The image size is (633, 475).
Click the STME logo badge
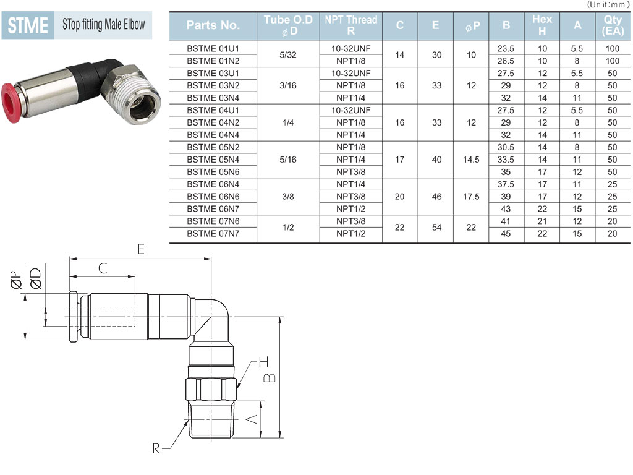(28, 25)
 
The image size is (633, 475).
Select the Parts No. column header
(213, 25)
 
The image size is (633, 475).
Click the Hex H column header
(542, 25)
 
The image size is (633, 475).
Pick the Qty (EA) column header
(613, 25)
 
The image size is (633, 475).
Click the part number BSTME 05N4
(213, 160)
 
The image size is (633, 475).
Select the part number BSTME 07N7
(213, 233)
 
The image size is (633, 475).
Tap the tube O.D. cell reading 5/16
(288, 160)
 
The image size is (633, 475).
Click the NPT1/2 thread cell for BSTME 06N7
(351, 209)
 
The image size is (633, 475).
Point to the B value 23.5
(506, 48)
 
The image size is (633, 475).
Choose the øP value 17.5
(471, 197)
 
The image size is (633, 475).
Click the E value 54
(436, 228)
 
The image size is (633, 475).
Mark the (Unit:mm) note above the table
(608, 4)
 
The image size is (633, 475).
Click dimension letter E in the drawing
(140, 249)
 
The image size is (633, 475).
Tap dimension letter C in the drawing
(103, 268)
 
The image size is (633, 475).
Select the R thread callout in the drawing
(156, 448)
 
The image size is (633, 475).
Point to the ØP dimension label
(17, 280)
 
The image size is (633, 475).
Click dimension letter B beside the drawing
(270, 378)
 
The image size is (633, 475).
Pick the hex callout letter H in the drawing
(263, 361)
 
